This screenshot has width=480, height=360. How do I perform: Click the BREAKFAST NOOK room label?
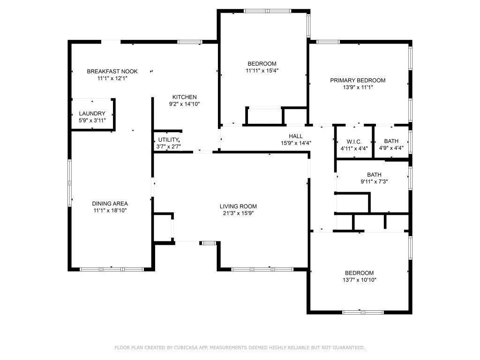112,71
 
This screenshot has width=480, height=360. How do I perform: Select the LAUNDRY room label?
92,114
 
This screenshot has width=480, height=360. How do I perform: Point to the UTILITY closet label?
168,140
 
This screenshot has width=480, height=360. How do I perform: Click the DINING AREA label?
110,203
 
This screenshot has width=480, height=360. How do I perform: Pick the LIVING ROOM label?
238,206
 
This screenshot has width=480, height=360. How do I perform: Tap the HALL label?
296,136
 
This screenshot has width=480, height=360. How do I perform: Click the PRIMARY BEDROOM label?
358,80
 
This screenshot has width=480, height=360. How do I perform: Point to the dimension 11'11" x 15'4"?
262,70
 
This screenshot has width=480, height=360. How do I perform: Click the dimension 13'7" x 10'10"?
360,280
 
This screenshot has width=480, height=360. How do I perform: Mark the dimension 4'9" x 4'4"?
391,148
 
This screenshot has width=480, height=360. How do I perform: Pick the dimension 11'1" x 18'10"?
110,210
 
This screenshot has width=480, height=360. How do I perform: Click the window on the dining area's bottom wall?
112,269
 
